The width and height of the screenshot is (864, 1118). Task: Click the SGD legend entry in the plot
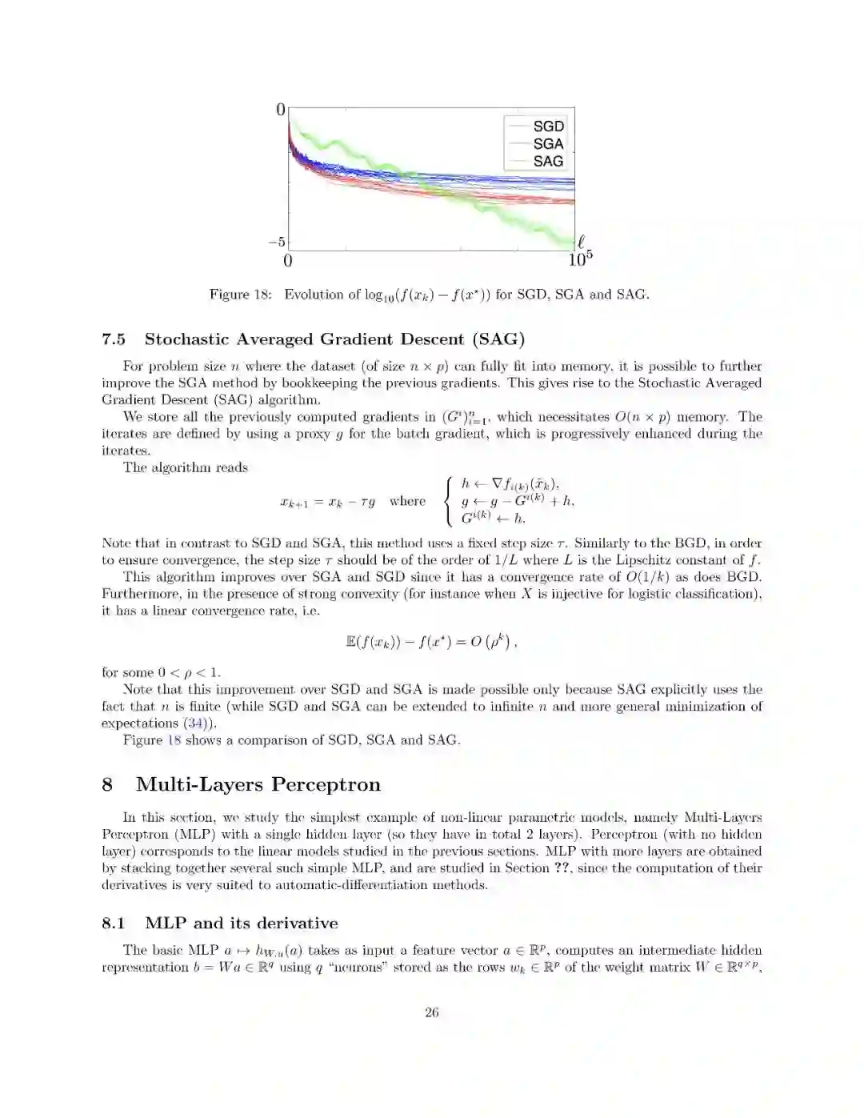548,126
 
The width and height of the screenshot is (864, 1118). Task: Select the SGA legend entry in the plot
548,144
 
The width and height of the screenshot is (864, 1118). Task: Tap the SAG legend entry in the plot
548,161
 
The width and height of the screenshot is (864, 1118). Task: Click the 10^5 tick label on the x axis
581,259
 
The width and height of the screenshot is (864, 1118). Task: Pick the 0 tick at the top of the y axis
281,110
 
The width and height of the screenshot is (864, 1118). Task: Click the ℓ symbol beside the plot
582,241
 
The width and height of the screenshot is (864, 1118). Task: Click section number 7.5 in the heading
114,339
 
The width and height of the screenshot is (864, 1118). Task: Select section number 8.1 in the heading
114,924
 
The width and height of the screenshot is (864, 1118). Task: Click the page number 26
432,1012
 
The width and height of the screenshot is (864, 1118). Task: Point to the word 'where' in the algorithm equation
407,502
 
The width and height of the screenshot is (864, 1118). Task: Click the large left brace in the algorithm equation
449,501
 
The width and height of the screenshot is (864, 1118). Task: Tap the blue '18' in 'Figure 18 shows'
174,740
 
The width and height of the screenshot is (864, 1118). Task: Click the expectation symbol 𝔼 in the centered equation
350,642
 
